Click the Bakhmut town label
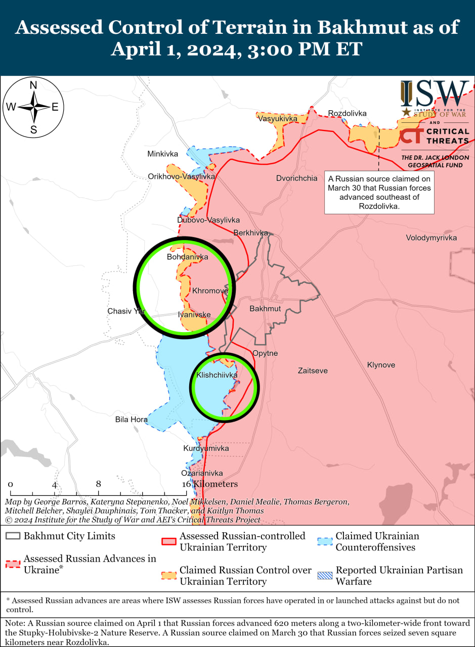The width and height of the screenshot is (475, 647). [265, 308]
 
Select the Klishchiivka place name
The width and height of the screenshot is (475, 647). [217, 375]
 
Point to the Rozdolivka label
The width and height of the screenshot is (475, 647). [347, 113]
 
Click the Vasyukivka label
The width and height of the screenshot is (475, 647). [277, 119]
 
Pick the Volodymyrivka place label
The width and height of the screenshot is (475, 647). [431, 238]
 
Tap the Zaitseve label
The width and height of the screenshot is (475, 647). [313, 371]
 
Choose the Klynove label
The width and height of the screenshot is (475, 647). [381, 365]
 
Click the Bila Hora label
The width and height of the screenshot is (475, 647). [132, 420]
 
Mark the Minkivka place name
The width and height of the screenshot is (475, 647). [163, 154]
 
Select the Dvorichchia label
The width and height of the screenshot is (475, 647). [297, 178]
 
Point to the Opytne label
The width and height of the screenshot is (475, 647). [265, 353]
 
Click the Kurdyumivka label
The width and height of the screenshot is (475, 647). [206, 448]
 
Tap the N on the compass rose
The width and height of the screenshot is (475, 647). [33, 85]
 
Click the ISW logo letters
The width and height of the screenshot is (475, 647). [436, 94]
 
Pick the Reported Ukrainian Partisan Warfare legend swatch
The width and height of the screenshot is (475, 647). [325, 575]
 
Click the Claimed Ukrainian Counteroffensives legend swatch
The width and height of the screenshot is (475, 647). [325, 541]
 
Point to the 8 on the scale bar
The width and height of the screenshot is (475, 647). [98, 484]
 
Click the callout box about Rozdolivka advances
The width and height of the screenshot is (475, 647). [379, 192]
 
